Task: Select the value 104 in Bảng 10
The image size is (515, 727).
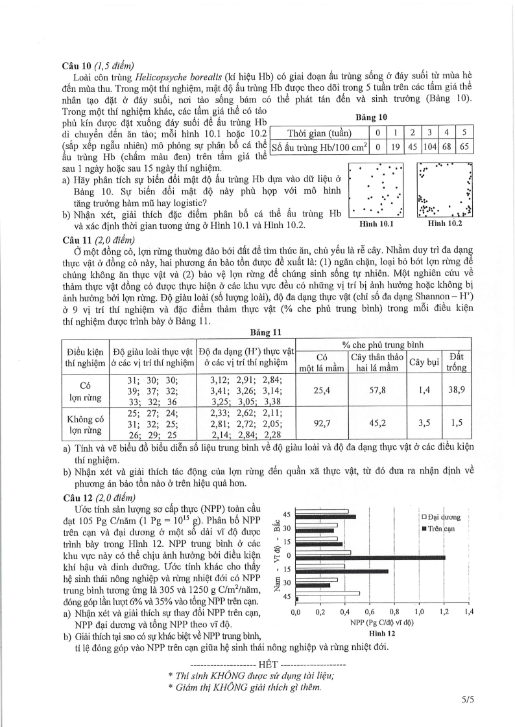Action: point(430,147)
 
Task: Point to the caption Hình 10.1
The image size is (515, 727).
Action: point(376,224)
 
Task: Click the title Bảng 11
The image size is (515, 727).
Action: point(267,332)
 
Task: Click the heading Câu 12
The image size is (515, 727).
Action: point(82,498)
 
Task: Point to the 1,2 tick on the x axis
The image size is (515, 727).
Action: point(444,612)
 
